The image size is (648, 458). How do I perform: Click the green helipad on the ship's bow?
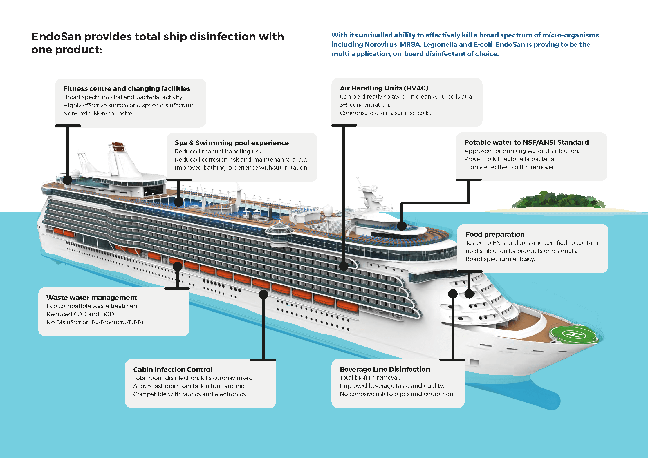pyautogui.click(x=574, y=334)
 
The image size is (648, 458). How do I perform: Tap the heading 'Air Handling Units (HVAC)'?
pyautogui.click(x=384, y=88)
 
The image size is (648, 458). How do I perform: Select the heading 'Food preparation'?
pyautogui.click(x=495, y=234)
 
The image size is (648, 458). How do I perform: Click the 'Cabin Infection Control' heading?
pyautogui.click(x=173, y=369)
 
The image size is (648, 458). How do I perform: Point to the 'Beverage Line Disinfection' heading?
pyautogui.click(x=385, y=369)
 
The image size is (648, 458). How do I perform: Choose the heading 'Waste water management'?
pyautogui.click(x=92, y=297)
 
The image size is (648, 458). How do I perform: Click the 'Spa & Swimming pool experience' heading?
pyautogui.click(x=232, y=143)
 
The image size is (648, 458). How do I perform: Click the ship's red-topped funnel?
pyautogui.click(x=118, y=147)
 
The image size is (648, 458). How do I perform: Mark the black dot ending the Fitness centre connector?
pyautogui.click(x=67, y=180)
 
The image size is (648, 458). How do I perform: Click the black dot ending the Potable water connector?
pyautogui.click(x=402, y=226)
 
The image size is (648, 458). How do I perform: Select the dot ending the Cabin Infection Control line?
pyautogui.click(x=263, y=294)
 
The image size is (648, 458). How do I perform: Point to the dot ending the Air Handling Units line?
pyautogui.click(x=344, y=266)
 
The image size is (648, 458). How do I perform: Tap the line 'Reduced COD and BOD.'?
pyautogui.click(x=81, y=314)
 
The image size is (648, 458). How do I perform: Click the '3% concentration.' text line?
pyautogui.click(x=365, y=104)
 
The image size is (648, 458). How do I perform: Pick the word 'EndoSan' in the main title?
pyautogui.click(x=56, y=37)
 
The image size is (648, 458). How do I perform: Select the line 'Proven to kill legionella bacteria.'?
pyautogui.click(x=510, y=159)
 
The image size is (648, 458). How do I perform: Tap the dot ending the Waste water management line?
pyautogui.click(x=177, y=266)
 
